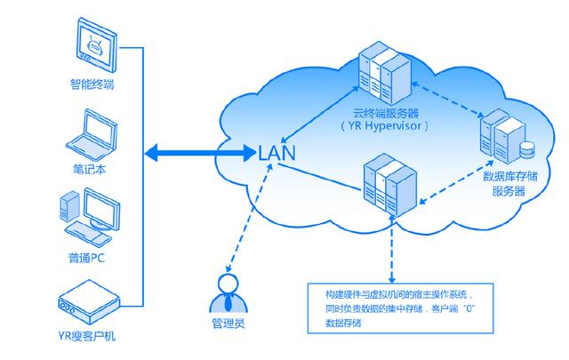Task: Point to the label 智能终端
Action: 92,85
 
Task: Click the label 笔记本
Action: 92,168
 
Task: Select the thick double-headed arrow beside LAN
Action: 200,153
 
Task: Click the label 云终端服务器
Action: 385,112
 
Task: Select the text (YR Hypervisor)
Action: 385,126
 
